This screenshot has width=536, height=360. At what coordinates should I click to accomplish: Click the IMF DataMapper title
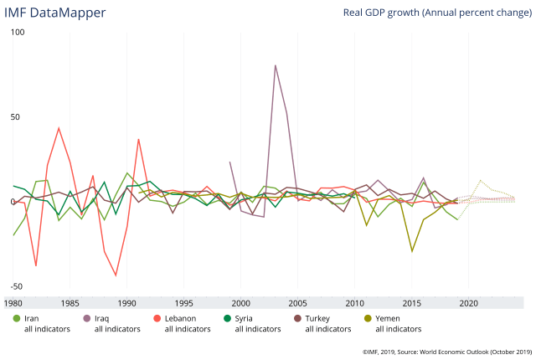click(54, 13)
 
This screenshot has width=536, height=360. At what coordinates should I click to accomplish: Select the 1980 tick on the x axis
click(14, 302)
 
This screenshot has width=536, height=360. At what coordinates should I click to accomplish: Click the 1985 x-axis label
click(70, 302)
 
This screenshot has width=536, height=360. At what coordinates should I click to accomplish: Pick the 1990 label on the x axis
click(127, 302)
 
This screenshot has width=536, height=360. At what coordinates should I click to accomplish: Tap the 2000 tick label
click(241, 302)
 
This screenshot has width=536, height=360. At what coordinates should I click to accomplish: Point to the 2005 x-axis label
click(298, 302)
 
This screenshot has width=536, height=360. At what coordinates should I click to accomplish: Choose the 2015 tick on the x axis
click(412, 302)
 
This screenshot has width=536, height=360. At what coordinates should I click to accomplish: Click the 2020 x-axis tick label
click(469, 302)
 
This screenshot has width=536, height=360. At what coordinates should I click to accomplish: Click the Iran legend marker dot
click(17, 318)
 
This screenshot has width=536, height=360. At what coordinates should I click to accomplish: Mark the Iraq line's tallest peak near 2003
click(276, 65)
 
